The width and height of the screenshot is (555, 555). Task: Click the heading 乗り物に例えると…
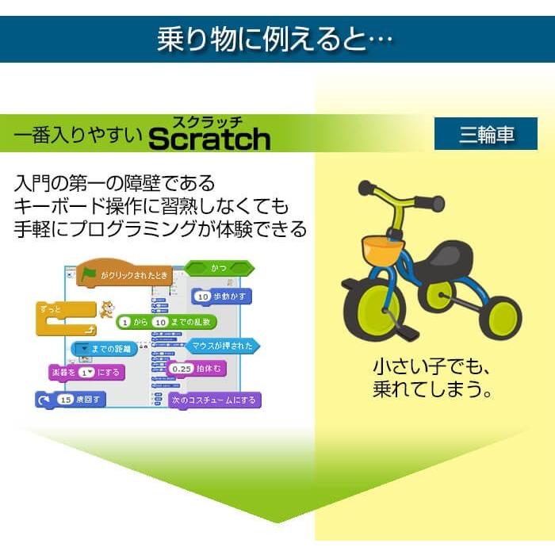(276, 40)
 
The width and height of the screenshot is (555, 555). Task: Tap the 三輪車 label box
(486, 135)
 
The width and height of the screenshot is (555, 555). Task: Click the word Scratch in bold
(209, 140)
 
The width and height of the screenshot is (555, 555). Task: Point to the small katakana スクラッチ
(208, 121)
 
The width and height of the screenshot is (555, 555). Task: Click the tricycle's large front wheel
(373, 312)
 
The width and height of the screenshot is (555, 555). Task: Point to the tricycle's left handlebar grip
(366, 189)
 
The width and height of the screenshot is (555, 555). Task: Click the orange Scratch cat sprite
(105, 308)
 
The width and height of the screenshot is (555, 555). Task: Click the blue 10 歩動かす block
(222, 297)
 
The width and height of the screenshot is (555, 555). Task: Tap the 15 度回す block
(71, 399)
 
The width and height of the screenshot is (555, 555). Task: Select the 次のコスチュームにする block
(214, 400)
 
